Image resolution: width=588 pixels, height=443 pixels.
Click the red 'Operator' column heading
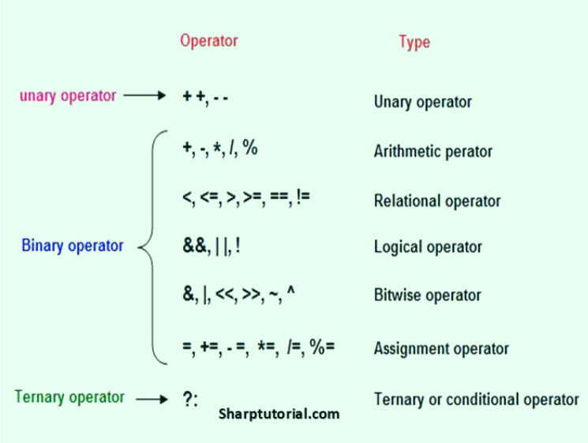coord(209,40)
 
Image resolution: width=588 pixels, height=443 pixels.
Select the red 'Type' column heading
coord(414,43)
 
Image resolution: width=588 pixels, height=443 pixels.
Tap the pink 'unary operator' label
coord(68,96)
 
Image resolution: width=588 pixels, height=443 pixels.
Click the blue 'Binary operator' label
coord(73,246)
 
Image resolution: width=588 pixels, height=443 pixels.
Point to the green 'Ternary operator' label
coord(69,397)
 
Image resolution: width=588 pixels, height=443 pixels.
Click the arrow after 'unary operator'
coord(144,96)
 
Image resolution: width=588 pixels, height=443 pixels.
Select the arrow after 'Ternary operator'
coord(152,399)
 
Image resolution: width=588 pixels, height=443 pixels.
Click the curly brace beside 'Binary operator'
coord(152,247)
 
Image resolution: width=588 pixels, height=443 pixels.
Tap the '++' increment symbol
coord(194,96)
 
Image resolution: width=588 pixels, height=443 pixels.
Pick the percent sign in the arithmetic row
coord(249,147)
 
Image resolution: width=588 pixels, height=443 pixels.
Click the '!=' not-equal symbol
coord(303,197)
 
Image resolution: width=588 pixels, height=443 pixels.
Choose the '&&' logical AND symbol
coord(194,246)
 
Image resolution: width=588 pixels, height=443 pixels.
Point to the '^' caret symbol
coord(291,290)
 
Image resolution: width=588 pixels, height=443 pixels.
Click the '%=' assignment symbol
coord(322,347)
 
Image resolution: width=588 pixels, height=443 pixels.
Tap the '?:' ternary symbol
coord(190,399)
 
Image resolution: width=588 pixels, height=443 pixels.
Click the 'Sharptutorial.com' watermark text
coord(279,414)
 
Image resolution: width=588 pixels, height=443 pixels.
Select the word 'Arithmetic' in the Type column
coord(407,151)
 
